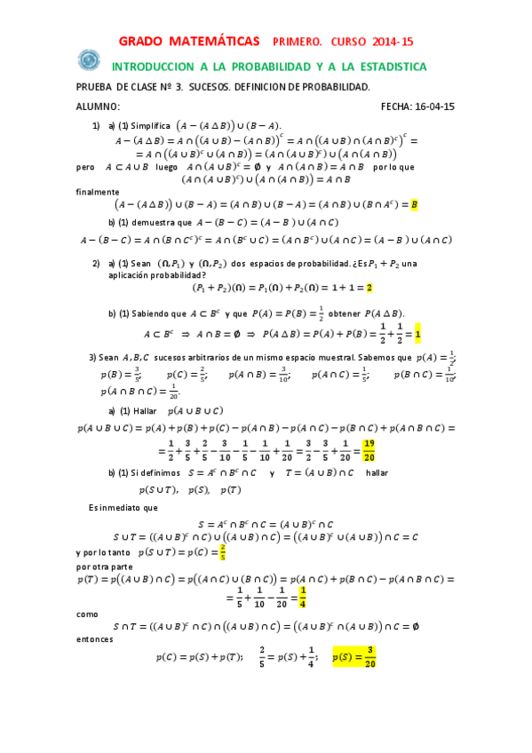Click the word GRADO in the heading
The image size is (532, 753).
pyautogui.click(x=143, y=42)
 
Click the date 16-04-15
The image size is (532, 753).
pyautogui.click(x=436, y=107)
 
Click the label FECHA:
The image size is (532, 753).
pyautogui.click(x=397, y=107)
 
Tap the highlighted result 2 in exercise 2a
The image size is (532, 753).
pyautogui.click(x=369, y=288)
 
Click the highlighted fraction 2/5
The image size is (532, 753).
pyautogui.click(x=223, y=551)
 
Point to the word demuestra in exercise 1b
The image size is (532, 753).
pyautogui.click(x=158, y=222)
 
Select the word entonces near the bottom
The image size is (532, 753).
pyautogui.click(x=95, y=638)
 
